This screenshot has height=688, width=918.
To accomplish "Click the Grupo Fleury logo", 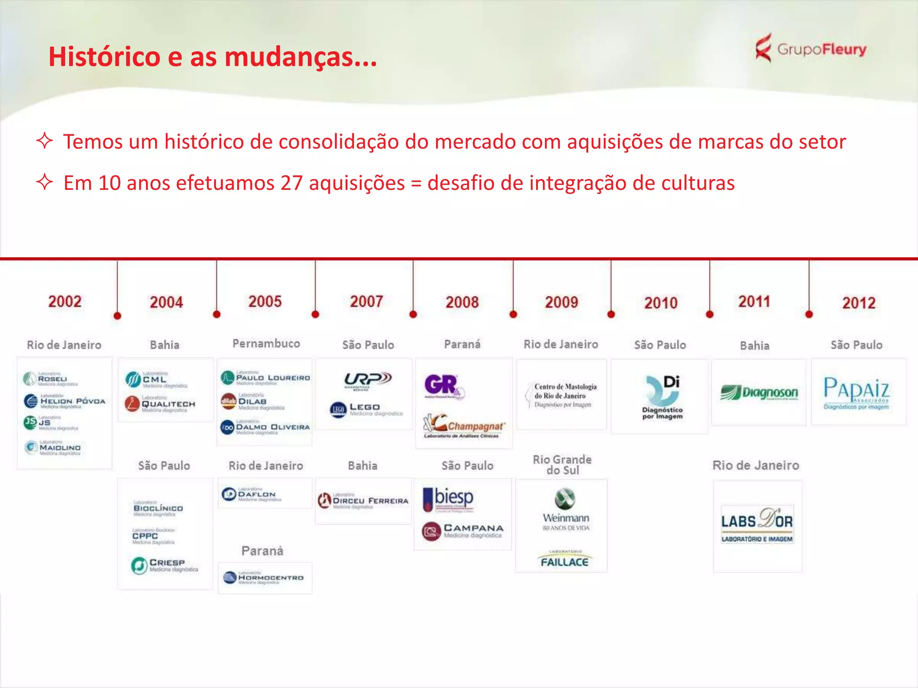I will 810,48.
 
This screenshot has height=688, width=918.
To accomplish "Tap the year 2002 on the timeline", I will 65,301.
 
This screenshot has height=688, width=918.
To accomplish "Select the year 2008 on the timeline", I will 462,302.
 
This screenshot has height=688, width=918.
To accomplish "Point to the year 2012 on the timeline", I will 858,303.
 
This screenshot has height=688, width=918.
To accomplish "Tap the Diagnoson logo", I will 759,393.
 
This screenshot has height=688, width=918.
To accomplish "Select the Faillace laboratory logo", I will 564,559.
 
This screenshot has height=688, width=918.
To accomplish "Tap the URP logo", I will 368,380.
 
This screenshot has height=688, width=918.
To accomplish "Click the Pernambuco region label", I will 266,344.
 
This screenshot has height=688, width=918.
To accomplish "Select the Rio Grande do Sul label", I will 562,464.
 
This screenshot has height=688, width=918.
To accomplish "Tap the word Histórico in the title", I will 104,57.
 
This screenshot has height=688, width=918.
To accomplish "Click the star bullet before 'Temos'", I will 44,141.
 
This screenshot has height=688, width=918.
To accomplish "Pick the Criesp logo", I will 164,565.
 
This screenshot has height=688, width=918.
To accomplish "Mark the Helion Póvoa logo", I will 65,401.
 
